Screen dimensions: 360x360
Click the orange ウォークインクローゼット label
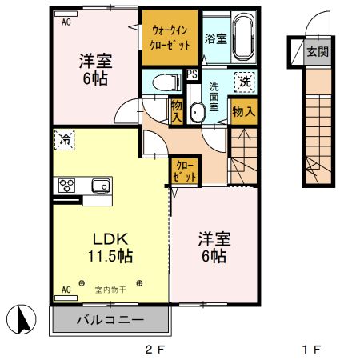[x=170, y=37]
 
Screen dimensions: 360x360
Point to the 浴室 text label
[x=214, y=38]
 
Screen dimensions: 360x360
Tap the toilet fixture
[x=163, y=81]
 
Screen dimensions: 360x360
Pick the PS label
[x=192, y=74]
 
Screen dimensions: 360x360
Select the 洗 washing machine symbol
[x=244, y=81]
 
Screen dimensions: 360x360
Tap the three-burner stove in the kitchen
[x=66, y=186]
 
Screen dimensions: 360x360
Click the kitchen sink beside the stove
[x=100, y=186]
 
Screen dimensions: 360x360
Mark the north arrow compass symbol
[x=23, y=322]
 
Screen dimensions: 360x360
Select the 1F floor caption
[x=312, y=349]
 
